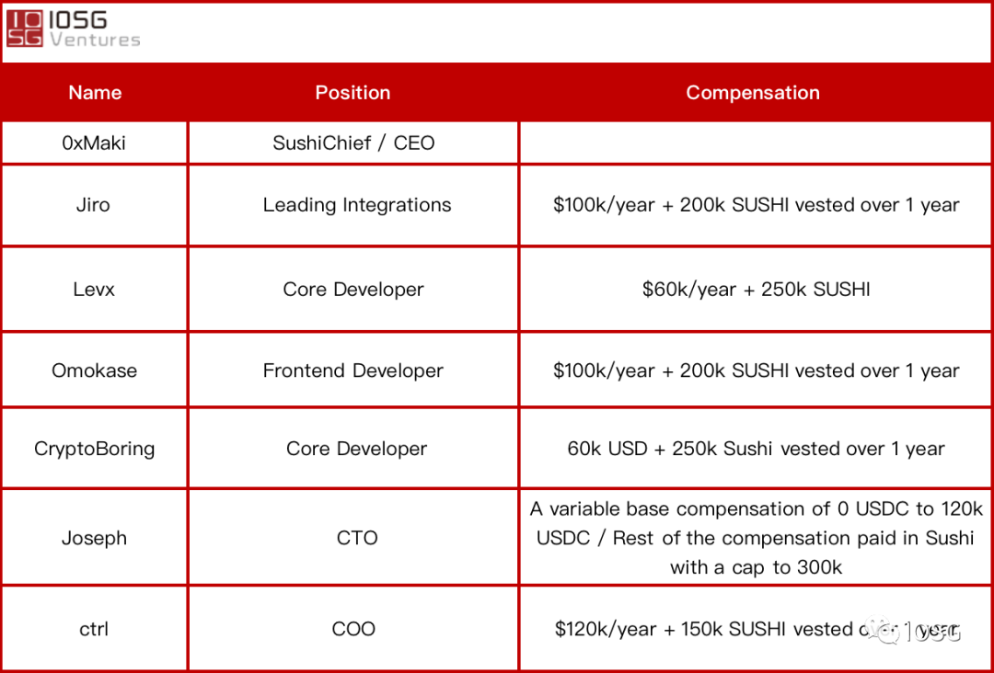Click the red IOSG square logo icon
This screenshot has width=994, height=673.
(25, 29)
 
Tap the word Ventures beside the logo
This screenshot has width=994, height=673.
(95, 40)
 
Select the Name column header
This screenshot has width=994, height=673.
(95, 93)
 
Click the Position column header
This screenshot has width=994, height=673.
(353, 93)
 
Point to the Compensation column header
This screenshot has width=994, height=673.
(753, 93)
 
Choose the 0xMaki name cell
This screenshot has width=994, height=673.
(94, 143)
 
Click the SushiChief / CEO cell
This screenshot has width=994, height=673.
(353, 143)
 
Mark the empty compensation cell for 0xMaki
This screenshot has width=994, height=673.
(756, 143)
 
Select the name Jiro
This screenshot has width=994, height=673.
(93, 204)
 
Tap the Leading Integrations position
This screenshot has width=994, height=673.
(357, 205)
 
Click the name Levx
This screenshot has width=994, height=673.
(94, 290)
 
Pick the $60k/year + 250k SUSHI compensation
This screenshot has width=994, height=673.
(756, 290)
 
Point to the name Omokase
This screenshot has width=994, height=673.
(94, 371)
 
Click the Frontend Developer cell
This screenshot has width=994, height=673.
(353, 371)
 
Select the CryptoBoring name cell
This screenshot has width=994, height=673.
(94, 449)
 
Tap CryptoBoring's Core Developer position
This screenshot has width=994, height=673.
(356, 449)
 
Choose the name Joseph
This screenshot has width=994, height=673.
(94, 538)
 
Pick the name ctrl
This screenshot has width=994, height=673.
(94, 629)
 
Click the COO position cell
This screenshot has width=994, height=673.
(353, 629)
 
